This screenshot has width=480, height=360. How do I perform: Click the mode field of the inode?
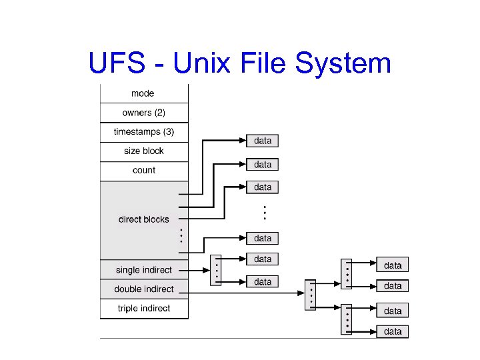pos(143,94)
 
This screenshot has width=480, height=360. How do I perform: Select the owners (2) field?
pos(143,113)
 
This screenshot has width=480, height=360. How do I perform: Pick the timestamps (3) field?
pos(143,132)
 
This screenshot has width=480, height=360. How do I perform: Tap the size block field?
pos(143,151)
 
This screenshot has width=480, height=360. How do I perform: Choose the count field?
pos(143,171)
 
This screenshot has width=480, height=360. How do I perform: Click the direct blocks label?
pos(143,219)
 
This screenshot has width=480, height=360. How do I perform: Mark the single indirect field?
pos(143,270)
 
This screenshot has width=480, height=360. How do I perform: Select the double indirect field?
pos(143,289)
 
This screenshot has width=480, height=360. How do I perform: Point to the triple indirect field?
pos(143,308)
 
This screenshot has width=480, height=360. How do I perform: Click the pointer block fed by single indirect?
pos(215,270)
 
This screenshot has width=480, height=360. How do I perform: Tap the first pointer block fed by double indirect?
pos(310,293)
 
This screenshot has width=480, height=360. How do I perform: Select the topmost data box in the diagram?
pos(263,141)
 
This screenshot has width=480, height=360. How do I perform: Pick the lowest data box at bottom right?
pos(393,331)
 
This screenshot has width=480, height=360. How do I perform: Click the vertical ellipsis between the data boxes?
pos(264,213)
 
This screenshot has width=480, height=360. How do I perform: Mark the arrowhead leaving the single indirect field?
pos(206,270)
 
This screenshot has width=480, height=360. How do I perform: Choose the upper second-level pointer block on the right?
pos(347,274)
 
